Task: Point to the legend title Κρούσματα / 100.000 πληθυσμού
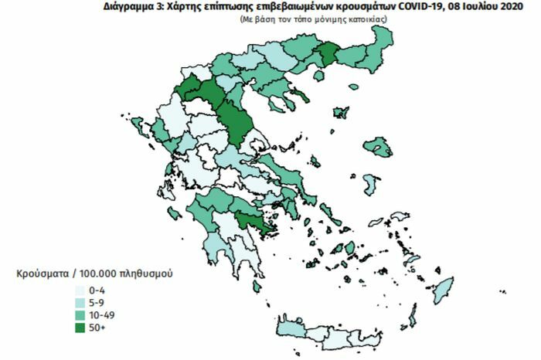(x=94, y=274)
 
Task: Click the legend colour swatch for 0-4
(x=80, y=290)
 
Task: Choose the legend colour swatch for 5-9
(x=80, y=302)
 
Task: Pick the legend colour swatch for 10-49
(x=80, y=314)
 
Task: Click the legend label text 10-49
(x=103, y=314)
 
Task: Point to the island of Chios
(x=370, y=184)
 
